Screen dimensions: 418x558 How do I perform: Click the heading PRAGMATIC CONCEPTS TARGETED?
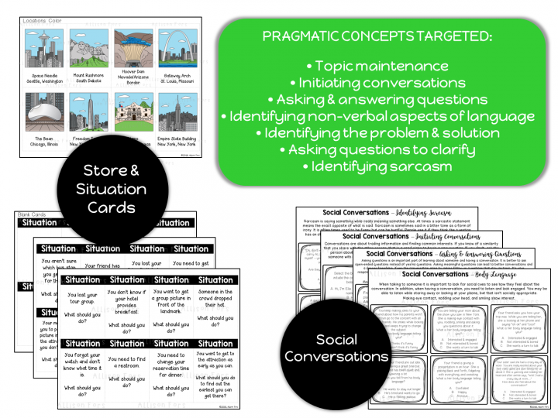tap(377, 36)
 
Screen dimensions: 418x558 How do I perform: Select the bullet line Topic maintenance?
tap(377, 67)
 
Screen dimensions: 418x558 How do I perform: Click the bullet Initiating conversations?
tap(377, 83)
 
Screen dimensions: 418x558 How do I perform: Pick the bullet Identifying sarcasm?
tap(377, 166)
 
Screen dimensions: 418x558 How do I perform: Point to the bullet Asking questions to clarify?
tap(377, 149)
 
